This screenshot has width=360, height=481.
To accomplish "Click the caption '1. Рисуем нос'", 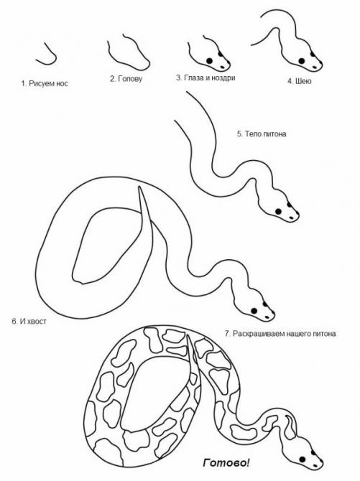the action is (45, 83).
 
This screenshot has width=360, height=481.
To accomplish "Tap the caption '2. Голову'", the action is (126, 79).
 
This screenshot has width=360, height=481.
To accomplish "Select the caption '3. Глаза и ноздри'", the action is (206, 78).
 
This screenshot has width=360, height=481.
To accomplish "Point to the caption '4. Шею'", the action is (299, 81).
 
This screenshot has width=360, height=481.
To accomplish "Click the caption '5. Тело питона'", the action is (262, 134).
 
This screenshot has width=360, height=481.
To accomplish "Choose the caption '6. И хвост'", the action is (29, 321).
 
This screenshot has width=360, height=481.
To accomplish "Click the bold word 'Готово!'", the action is (226, 462).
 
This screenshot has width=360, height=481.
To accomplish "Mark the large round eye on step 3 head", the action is (210, 61).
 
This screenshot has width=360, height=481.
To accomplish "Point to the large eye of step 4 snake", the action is (302, 61).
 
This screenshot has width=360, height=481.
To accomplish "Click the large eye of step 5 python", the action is (278, 211).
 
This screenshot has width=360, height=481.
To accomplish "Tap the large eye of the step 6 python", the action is (254, 311).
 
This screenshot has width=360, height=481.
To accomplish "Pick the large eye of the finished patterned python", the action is (303, 459).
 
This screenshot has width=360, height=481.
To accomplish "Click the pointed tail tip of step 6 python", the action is (139, 186).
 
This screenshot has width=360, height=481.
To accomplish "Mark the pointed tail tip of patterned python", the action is (188, 335).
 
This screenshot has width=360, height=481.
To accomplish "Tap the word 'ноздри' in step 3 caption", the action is (223, 78).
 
